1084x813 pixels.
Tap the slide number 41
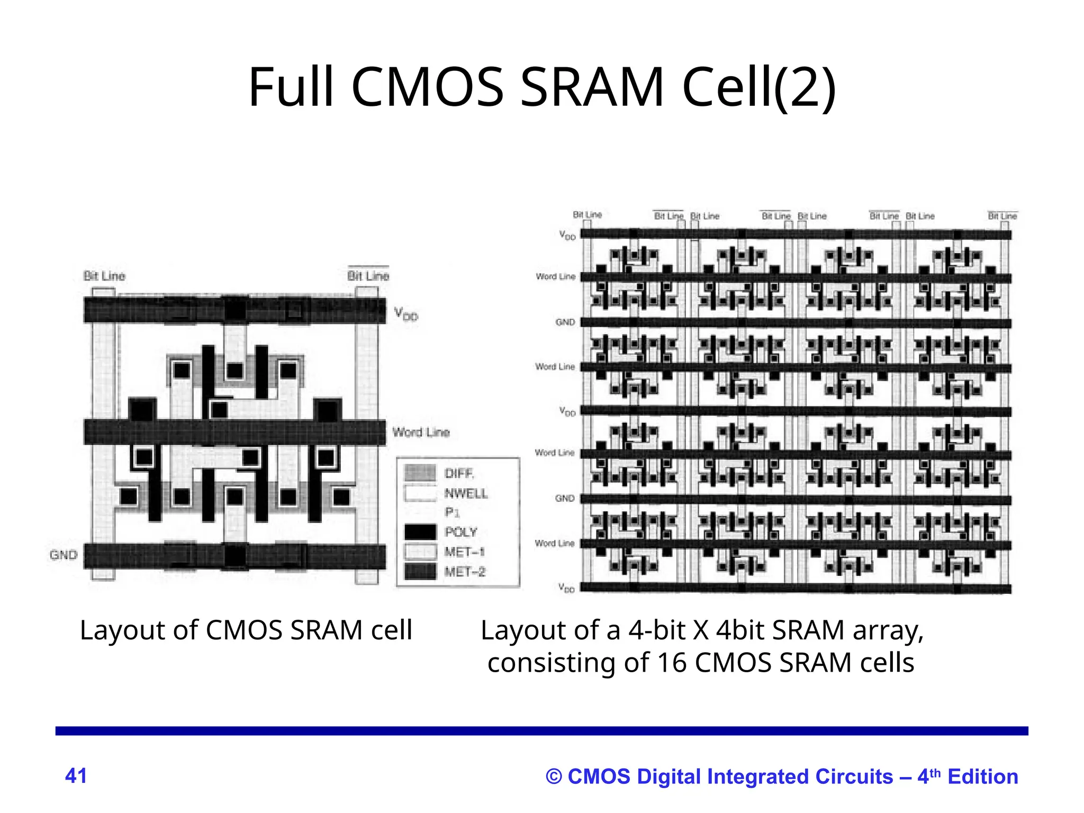coord(76,775)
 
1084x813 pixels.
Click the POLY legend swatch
coord(420,532)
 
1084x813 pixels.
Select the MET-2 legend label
coord(465,572)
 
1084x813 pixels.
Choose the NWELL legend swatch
coord(420,493)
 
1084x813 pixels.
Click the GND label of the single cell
coord(64,555)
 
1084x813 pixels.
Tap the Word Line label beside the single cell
coord(421,432)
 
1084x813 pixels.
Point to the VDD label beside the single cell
coord(406,314)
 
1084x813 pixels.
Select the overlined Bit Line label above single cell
coord(368,276)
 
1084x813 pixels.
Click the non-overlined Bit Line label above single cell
coord(104,276)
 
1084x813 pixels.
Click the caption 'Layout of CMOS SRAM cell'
coord(246,630)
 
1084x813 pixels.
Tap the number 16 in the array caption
coord(672,663)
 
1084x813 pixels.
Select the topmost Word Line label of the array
coord(555,276)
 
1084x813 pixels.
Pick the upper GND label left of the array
coord(565,322)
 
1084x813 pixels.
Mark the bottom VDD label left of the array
coord(566,588)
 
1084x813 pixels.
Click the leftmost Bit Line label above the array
coord(587,215)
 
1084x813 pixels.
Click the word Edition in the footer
coord(982,776)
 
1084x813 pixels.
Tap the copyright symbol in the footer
coord(554,776)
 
